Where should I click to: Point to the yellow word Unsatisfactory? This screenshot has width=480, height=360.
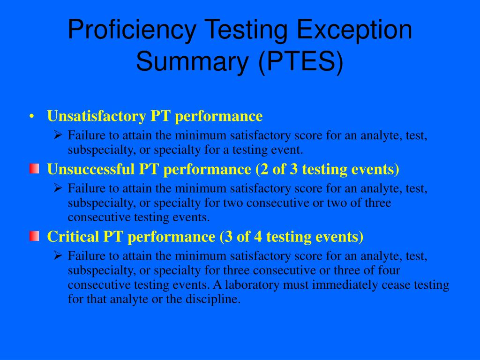[x=97, y=116]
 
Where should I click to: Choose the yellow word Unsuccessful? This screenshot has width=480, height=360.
[x=91, y=169]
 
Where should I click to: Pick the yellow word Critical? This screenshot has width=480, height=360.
[x=74, y=237]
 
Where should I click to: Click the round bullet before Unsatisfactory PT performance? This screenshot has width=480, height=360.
[x=32, y=116]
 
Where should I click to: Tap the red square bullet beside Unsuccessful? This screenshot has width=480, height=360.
[x=33, y=169]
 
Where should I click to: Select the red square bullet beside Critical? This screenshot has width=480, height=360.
[x=33, y=236]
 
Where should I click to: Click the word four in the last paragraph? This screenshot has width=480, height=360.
[x=389, y=270]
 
